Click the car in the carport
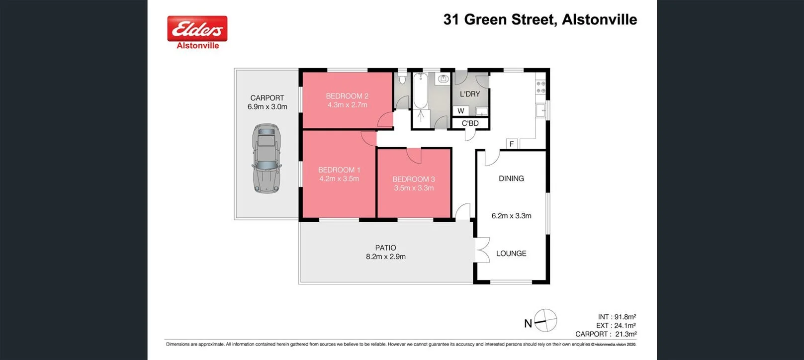coord(267,159)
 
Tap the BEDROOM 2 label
coord(347,96)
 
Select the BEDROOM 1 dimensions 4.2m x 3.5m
coord(339,179)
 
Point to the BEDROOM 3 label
coord(413,179)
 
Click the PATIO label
coord(385,248)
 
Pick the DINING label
coord(511,179)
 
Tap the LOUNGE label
coord(511,254)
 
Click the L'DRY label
coord(470,94)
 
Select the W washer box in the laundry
coord(461,111)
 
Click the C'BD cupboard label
coord(470,123)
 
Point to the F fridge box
coord(512,144)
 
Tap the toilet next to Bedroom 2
coord(402,79)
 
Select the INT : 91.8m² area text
coord(617,317)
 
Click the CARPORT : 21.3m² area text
coord(606,334)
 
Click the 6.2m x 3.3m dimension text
coord(511,216)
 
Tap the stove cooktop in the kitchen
coord(540,88)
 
